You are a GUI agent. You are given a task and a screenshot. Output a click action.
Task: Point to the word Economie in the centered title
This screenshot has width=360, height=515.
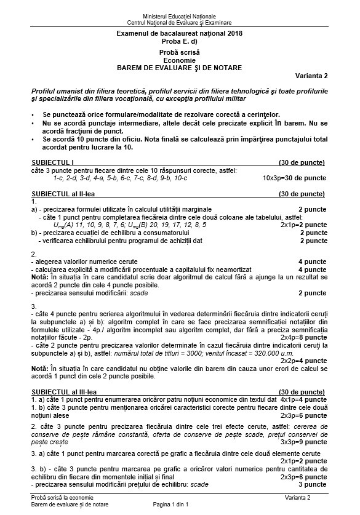pyautogui.click(x=179, y=60)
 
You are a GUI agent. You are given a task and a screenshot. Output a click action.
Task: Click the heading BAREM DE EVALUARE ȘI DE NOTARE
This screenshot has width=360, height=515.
pyautogui.click(x=179, y=67)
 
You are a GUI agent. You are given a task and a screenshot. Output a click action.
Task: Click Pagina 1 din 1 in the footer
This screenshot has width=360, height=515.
pyautogui.click(x=179, y=505)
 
